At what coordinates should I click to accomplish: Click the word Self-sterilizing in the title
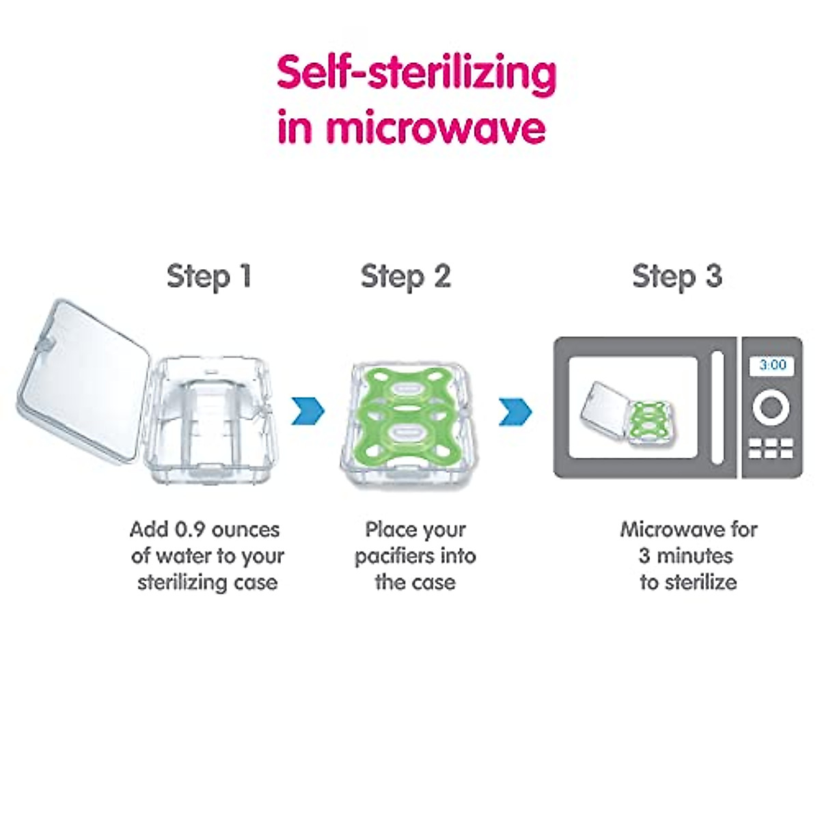(x=417, y=74)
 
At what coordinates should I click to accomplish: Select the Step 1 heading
(x=209, y=277)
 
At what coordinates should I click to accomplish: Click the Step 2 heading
(x=405, y=277)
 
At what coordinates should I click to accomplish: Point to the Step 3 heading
(x=677, y=277)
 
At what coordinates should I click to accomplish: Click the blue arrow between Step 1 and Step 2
(x=308, y=411)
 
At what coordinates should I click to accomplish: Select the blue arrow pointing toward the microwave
(x=515, y=411)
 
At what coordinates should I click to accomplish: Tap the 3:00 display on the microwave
(x=772, y=365)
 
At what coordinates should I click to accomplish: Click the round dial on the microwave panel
(x=772, y=407)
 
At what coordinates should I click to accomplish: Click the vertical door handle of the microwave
(x=717, y=407)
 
